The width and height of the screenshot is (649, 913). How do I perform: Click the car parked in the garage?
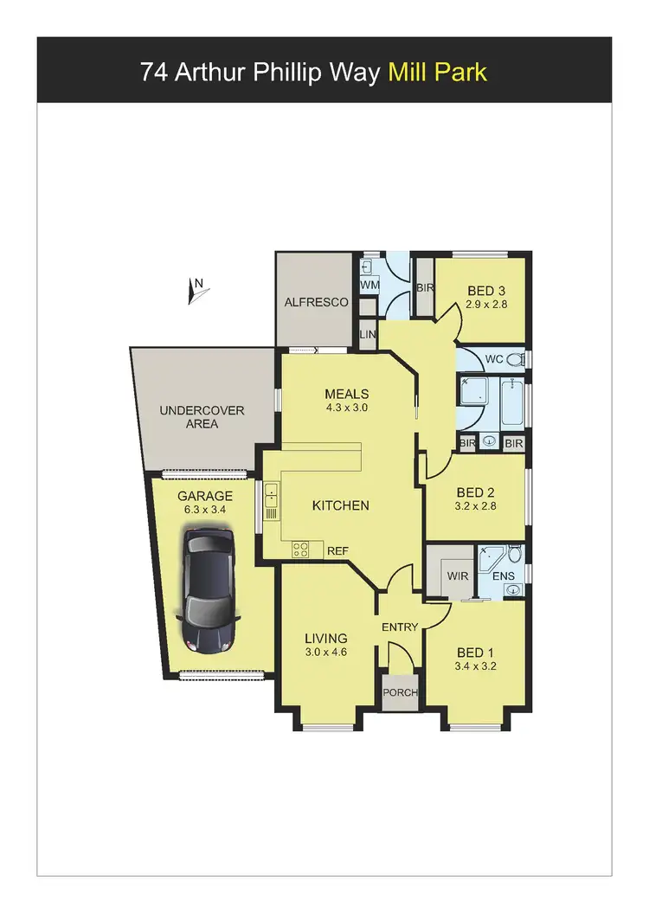[207, 592]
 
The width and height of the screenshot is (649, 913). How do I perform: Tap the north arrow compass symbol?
[196, 291]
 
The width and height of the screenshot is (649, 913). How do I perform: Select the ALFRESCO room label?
[317, 303]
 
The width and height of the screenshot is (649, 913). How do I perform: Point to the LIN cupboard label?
[368, 334]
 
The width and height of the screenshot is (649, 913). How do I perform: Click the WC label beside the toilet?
[494, 358]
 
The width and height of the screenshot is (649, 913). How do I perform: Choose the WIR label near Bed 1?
[457, 575]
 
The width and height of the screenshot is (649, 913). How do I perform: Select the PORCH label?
[401, 692]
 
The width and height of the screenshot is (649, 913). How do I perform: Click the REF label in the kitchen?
[337, 549]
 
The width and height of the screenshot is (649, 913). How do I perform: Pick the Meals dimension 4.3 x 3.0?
[347, 407]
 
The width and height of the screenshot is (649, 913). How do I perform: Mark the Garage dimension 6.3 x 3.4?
[205, 511]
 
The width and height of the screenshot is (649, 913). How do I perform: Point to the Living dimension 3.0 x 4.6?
[325, 653]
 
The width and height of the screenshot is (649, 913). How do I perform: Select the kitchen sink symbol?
[271, 498]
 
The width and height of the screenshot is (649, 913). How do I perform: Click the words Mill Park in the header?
[438, 72]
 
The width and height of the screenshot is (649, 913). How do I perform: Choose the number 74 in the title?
[154, 72]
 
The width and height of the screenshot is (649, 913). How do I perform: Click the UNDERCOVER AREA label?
[202, 417]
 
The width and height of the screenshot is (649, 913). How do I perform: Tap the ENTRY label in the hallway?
[399, 627]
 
